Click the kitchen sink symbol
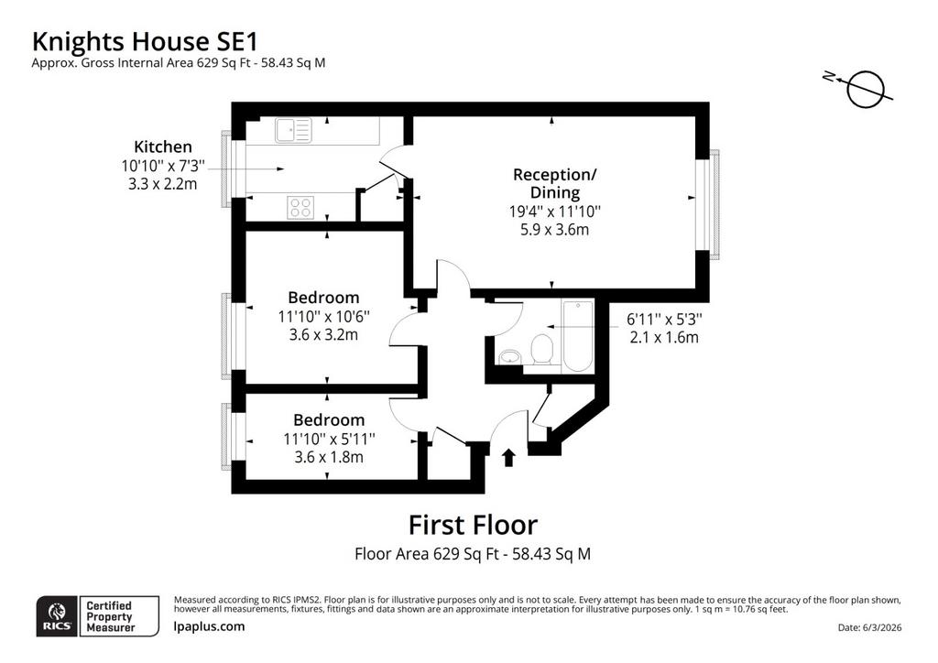[294, 130]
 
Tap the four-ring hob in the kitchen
[300, 208]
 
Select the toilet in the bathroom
[542, 349]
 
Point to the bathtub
[577, 336]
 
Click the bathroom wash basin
[509, 357]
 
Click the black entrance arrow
[508, 458]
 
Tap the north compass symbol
[860, 87]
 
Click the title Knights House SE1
[145, 42]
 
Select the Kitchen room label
[163, 147]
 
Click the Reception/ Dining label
[554, 183]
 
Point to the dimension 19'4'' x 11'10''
[554, 211]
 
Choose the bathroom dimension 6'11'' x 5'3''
[664, 320]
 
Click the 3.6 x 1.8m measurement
[329, 457]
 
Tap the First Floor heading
[473, 525]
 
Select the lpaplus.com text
[209, 626]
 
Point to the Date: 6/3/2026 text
[870, 627]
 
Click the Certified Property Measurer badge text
[110, 616]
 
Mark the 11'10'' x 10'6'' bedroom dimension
[323, 316]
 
